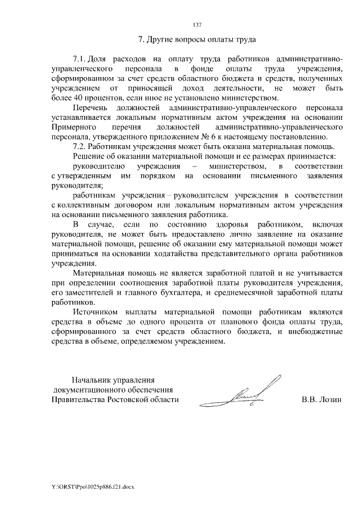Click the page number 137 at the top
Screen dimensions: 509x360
(x=197, y=25)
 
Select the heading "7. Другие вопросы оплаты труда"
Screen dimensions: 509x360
(x=197, y=40)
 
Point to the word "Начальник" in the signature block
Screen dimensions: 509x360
(x=89, y=379)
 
